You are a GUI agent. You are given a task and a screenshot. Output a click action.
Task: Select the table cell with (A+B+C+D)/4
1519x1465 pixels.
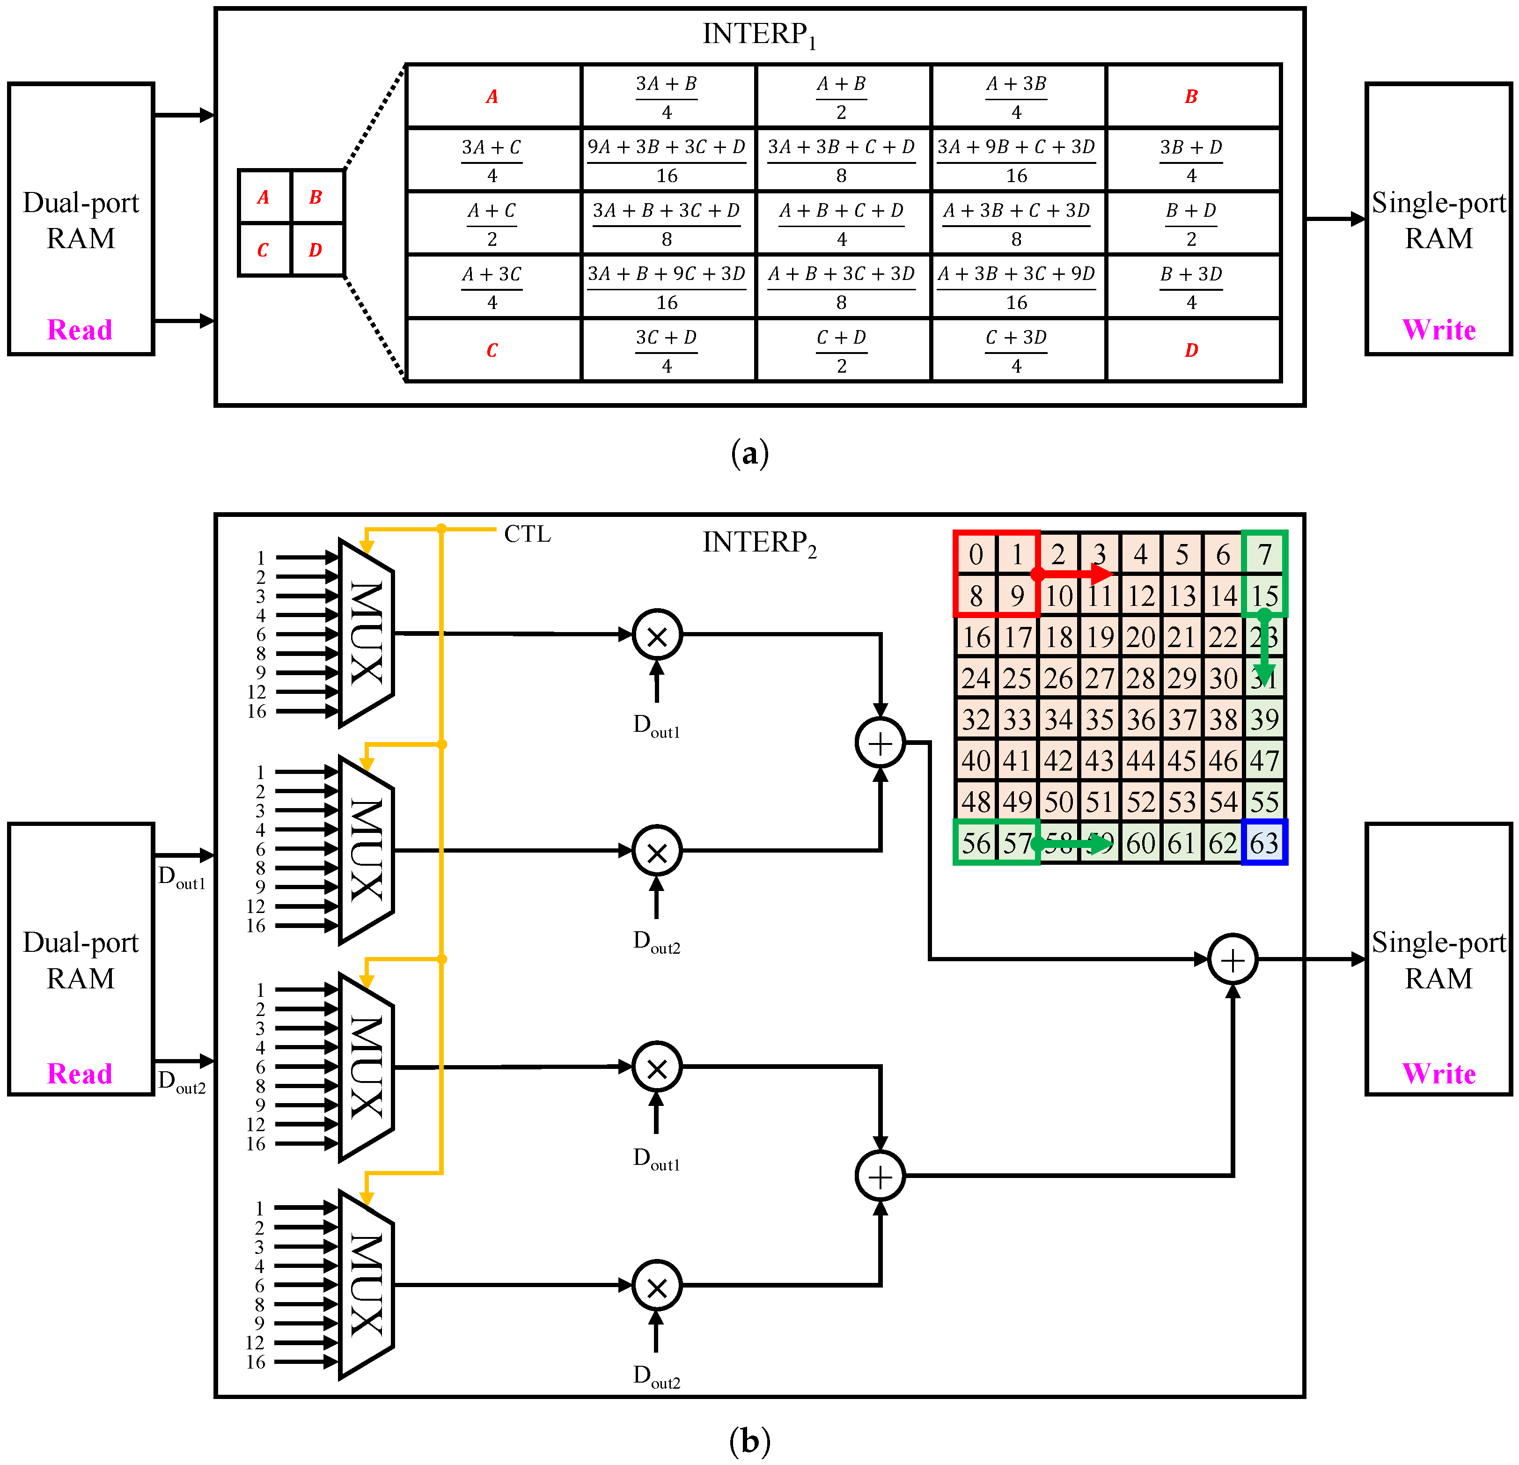842,223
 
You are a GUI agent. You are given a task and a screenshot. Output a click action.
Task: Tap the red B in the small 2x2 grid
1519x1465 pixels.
316,197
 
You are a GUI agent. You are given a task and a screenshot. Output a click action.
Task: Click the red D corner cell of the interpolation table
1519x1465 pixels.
1191,350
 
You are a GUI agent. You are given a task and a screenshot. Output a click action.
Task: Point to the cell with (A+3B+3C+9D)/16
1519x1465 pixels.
1016,287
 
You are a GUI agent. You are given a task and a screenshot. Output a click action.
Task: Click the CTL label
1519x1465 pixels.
527,534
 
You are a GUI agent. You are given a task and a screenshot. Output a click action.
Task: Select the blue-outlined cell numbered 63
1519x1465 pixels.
1264,843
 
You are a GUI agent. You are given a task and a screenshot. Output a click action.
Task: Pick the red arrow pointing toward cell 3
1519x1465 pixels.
1073,574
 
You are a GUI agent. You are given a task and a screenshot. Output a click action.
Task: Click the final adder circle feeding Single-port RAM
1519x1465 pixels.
1232,960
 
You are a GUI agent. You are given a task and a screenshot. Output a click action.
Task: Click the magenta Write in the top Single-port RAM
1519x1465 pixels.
1438,330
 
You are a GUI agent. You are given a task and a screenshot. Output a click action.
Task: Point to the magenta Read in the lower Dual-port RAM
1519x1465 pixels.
80,1074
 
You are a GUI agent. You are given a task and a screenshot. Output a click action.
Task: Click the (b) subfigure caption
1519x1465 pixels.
749,1441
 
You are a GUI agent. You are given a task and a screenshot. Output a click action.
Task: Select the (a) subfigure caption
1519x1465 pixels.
749,453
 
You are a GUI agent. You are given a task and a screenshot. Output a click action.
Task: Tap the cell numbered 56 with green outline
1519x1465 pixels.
976,843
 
